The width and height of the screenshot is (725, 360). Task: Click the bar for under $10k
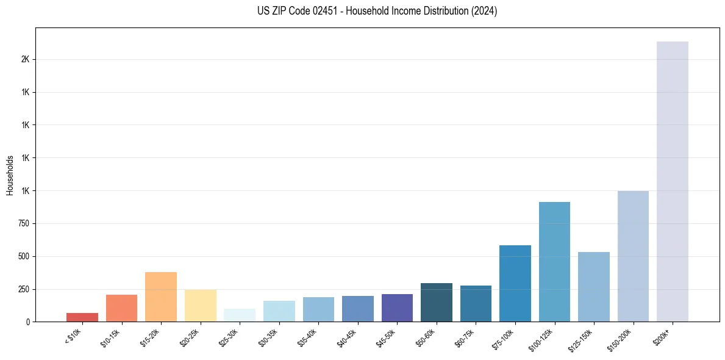point(82,317)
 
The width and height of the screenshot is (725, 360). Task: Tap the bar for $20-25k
point(201,306)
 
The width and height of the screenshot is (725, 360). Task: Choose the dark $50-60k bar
point(437,303)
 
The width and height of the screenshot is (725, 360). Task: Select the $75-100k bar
point(515,284)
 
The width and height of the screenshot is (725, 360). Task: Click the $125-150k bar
point(594,287)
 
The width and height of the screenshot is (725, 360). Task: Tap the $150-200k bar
point(633,256)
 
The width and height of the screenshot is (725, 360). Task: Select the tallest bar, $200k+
point(673,182)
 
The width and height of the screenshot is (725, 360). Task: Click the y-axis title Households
point(10,175)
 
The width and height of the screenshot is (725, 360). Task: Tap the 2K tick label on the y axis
point(25,60)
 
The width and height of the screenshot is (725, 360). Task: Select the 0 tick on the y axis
point(27,322)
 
